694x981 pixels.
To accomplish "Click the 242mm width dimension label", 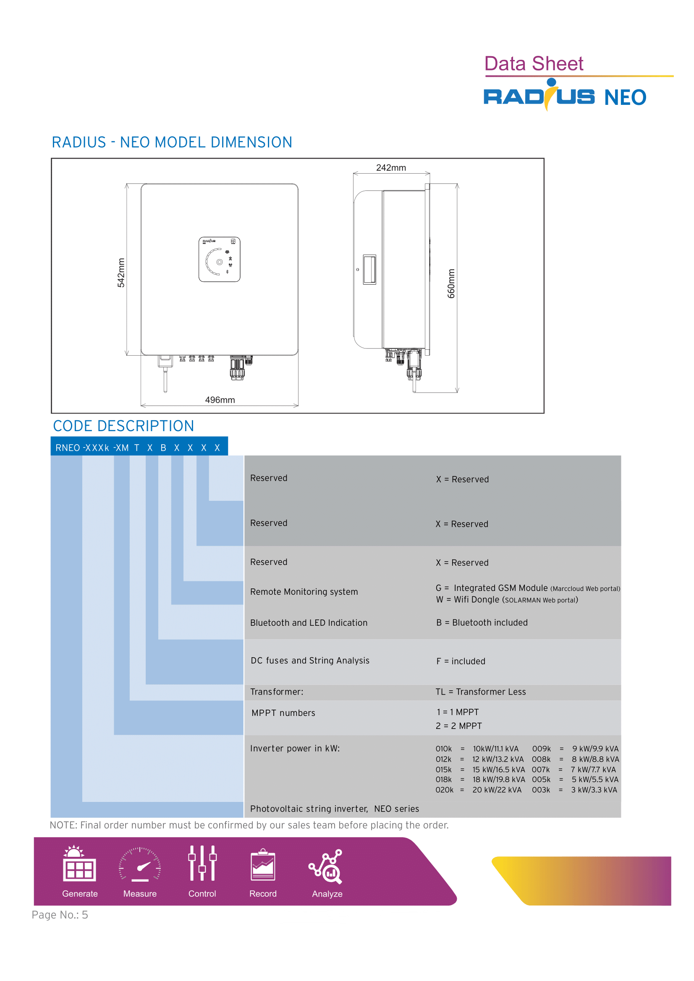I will (391, 167).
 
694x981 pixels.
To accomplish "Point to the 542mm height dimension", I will (121, 273).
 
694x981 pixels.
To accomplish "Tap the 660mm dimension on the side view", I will (451, 283).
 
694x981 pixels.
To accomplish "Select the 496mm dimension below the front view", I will (220, 400).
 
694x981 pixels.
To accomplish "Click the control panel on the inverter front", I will (219, 259).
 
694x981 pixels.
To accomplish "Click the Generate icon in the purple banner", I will (79, 864).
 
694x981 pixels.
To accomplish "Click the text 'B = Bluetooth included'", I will (482, 622).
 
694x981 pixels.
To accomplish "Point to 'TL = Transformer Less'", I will (481, 692).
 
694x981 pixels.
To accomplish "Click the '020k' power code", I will (444, 790).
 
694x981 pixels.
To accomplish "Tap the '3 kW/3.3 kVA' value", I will (594, 790).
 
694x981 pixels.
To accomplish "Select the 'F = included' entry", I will (461, 661).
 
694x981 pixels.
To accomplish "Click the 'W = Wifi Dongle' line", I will (507, 600).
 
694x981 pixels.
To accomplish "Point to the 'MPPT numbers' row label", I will (283, 713).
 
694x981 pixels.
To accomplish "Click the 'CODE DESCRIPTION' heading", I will (123, 426).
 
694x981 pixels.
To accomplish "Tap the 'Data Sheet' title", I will (534, 64).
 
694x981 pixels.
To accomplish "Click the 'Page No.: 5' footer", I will (60, 915).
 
